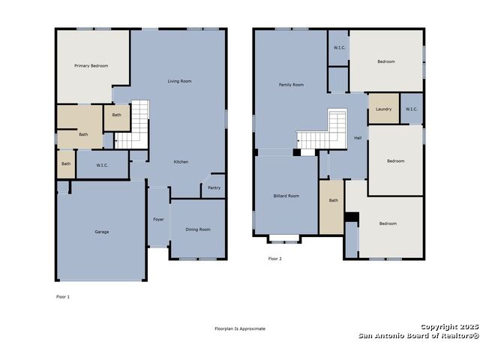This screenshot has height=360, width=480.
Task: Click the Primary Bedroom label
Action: coord(91,66)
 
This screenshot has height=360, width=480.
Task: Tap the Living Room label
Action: coord(179,81)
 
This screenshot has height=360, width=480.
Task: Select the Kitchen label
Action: coord(181,162)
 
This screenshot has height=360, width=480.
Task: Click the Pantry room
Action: coord(214,186)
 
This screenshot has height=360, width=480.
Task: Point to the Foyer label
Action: coord(158,220)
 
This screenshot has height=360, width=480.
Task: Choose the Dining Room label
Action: coord(198,229)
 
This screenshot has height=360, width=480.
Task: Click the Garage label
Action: coord(102,232)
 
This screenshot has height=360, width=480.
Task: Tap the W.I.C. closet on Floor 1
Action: coord(102,164)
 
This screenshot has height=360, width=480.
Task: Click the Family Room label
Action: coord(291,85)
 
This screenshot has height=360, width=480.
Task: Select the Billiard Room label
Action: coord(286,196)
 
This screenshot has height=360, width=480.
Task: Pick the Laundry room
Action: coord(384,108)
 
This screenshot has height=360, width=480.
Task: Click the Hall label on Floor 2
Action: coord(358,138)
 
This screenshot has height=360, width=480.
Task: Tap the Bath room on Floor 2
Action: coord(331,207)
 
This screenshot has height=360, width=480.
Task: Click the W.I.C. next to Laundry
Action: coord(412,108)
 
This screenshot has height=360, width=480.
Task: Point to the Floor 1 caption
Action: coord(63,297)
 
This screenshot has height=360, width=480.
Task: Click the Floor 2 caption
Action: coord(275,259)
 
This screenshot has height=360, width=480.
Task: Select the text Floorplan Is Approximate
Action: coord(240,328)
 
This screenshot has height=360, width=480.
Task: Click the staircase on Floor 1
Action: coord(133,125)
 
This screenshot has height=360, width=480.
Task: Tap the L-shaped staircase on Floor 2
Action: coord(322,129)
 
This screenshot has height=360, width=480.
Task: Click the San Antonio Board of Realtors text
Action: coord(418,336)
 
